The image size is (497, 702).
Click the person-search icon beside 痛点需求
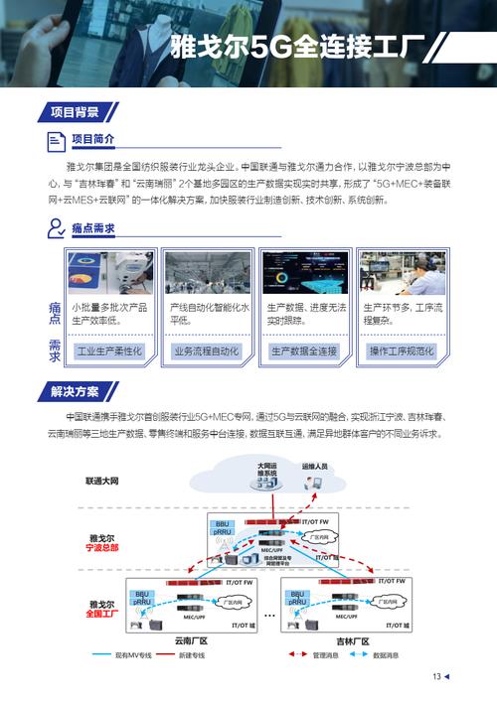point(57,229)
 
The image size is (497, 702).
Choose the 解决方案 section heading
point(75,391)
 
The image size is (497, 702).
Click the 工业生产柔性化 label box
point(109,351)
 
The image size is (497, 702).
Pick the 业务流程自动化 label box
point(206,351)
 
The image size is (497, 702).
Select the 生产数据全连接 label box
point(303,351)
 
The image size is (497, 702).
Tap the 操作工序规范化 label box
point(402,351)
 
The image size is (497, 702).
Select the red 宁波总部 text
point(102,547)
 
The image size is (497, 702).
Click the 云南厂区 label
point(190,641)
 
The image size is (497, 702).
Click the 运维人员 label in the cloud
point(314,466)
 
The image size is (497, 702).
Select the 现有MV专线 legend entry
point(132,655)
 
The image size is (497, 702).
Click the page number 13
point(436,677)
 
